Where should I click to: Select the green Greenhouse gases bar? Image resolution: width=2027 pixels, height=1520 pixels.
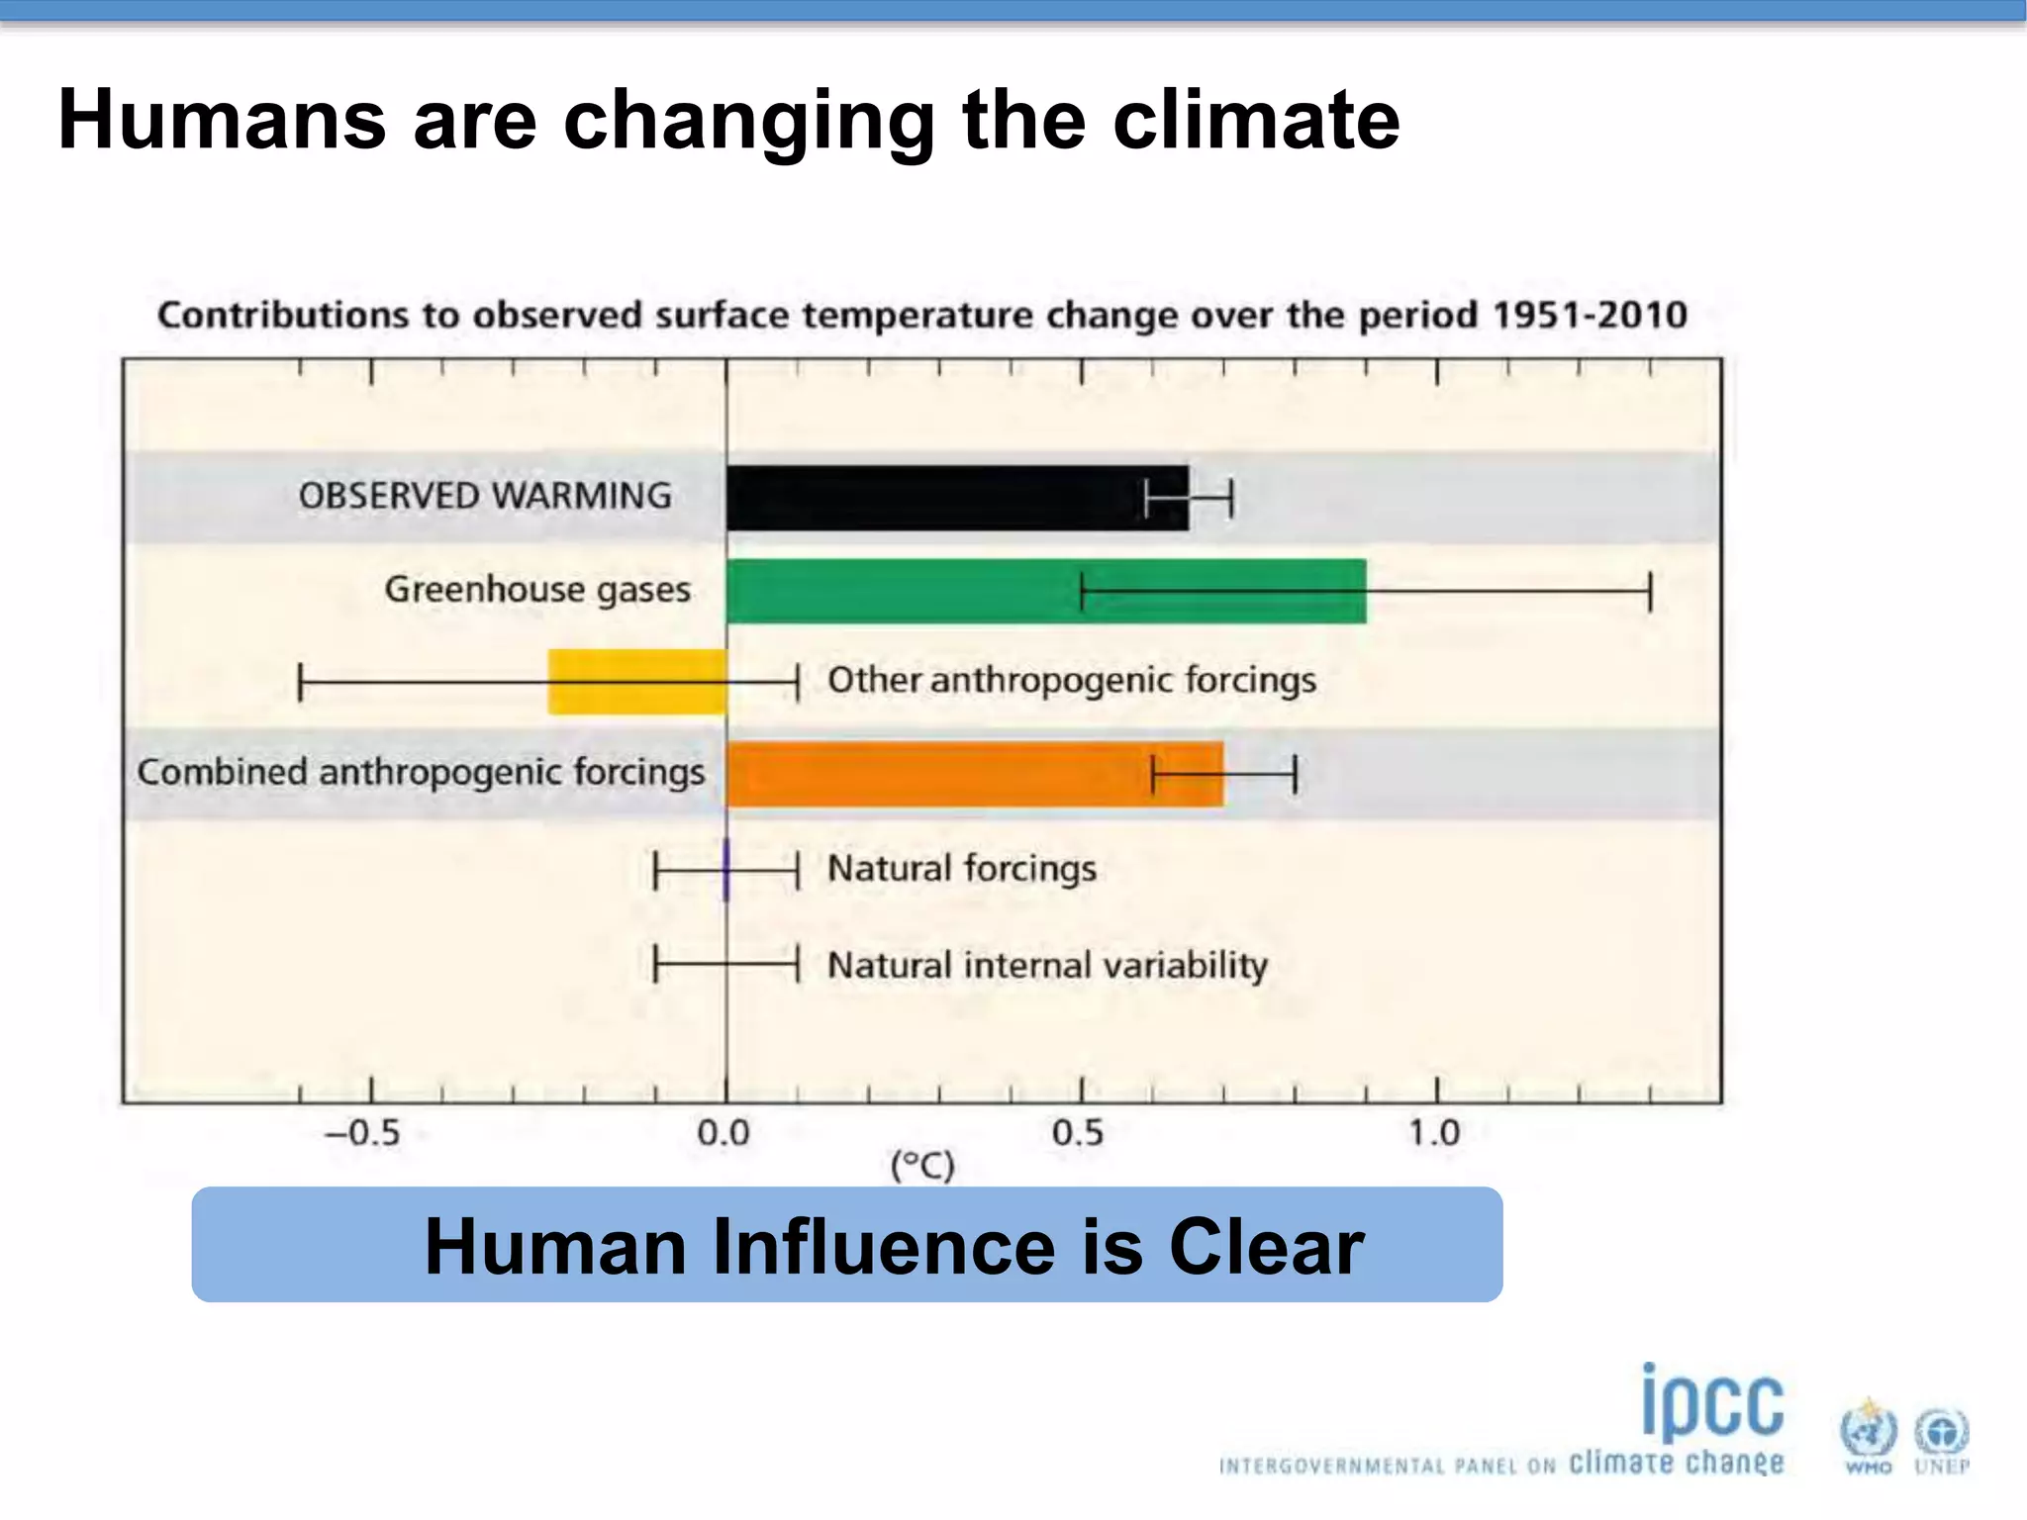click(990, 591)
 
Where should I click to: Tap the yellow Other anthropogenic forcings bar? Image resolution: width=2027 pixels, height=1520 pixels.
click(636, 682)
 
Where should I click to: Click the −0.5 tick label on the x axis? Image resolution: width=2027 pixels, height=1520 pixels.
click(363, 1132)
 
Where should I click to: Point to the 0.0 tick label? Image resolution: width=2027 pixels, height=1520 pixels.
click(724, 1132)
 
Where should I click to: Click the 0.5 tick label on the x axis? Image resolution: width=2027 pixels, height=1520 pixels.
click(1078, 1132)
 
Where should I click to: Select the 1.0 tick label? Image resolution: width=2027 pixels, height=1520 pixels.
click(1434, 1132)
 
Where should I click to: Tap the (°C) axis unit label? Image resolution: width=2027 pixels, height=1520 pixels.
click(922, 1166)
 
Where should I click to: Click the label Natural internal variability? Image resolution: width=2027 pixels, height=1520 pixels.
click(1047, 965)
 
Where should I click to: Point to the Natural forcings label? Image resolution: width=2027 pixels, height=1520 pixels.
click(962, 869)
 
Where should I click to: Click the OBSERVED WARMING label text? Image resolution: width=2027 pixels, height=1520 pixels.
click(485, 496)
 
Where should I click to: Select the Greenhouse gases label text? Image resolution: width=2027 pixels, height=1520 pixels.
click(537, 590)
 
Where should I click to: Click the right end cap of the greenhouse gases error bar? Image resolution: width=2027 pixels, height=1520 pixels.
click(1650, 592)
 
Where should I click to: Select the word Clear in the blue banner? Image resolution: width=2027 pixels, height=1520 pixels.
click(1266, 1247)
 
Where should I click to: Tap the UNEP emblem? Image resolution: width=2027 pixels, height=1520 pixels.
click(1942, 1435)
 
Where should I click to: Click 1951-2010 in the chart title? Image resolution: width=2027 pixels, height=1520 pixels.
click(1590, 316)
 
